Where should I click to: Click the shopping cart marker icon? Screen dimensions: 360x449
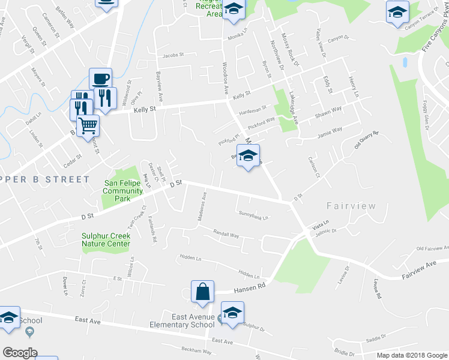88,126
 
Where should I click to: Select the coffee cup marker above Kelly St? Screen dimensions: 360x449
101,78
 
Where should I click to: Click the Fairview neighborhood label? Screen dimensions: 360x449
351,206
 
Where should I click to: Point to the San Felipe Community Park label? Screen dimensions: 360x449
124,187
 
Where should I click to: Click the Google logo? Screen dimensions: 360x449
20,353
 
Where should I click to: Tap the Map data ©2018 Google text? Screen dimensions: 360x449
411,355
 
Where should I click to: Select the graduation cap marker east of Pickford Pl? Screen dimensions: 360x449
248,156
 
